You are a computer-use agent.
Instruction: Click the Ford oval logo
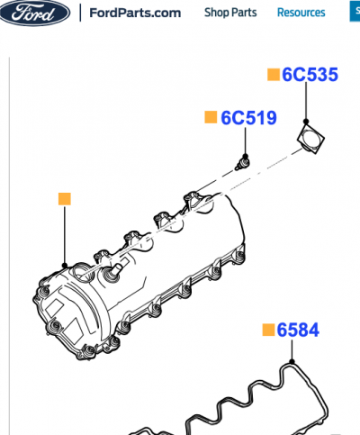point(35,13)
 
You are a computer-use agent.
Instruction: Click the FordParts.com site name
point(135,13)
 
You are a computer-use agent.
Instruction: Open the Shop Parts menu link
point(230,13)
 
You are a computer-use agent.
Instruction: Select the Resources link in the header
point(301,13)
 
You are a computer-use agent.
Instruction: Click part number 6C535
point(310,75)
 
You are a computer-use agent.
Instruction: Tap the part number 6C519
point(248,118)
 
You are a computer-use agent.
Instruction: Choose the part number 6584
point(298,330)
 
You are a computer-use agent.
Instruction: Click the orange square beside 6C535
point(274,75)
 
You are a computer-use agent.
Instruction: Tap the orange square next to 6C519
point(211,117)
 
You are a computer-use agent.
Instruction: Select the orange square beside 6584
point(268,330)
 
